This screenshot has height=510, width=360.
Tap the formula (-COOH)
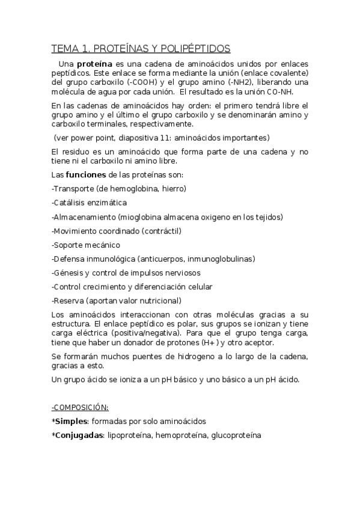click(x=126, y=82)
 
